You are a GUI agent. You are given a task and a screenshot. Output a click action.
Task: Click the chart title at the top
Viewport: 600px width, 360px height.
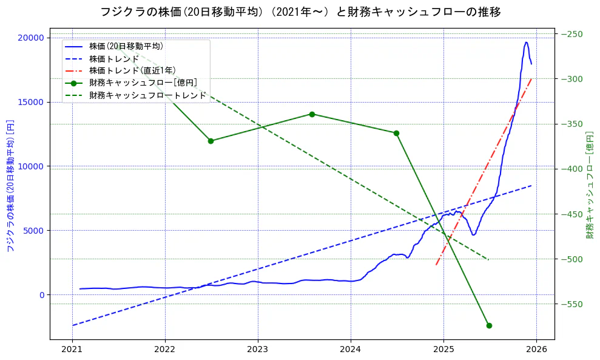coord(300,12)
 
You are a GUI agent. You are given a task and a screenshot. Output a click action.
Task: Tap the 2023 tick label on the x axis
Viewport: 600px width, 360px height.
coord(258,350)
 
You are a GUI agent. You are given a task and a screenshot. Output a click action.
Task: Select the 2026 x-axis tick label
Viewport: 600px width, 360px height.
coord(536,350)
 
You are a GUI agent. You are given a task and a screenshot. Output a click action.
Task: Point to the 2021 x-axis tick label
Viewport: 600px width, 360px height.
coord(72,350)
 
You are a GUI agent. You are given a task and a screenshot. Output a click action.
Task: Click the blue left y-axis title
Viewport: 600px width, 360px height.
coord(10,186)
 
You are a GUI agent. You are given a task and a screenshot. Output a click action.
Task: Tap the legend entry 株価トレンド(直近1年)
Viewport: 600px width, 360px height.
coord(132,70)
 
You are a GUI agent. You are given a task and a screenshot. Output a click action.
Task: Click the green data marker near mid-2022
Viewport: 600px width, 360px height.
coord(211,141)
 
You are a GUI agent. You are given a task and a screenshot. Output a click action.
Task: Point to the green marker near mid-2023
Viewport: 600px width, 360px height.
coord(312,114)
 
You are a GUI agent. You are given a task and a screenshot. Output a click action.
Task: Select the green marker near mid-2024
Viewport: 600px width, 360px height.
coord(396,133)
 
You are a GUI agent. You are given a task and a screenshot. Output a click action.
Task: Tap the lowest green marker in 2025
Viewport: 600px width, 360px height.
coord(489,325)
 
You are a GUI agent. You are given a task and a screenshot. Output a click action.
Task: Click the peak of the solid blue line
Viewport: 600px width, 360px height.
coord(526,42)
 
